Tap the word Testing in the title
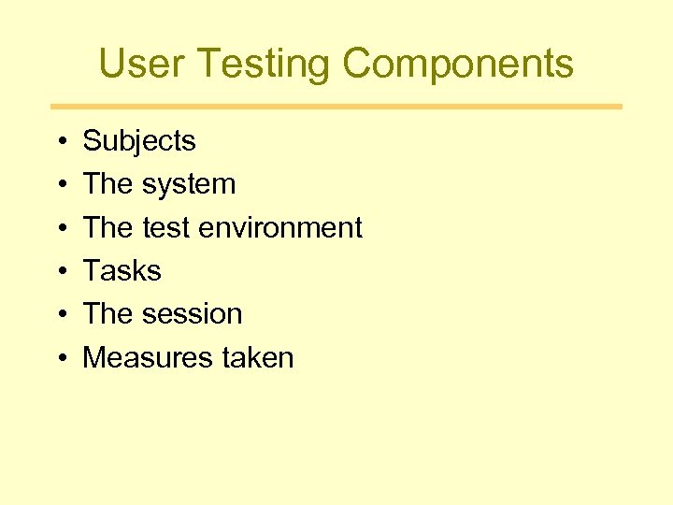(265, 64)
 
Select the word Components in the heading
(457, 64)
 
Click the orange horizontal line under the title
(336, 107)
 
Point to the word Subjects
(139, 141)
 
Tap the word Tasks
(122, 271)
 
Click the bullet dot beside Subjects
(59, 142)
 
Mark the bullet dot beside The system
(59, 185)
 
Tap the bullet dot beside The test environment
(59, 228)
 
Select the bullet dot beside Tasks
(59, 272)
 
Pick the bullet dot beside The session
(59, 315)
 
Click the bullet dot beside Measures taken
(59, 358)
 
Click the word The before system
(107, 184)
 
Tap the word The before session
(107, 314)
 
